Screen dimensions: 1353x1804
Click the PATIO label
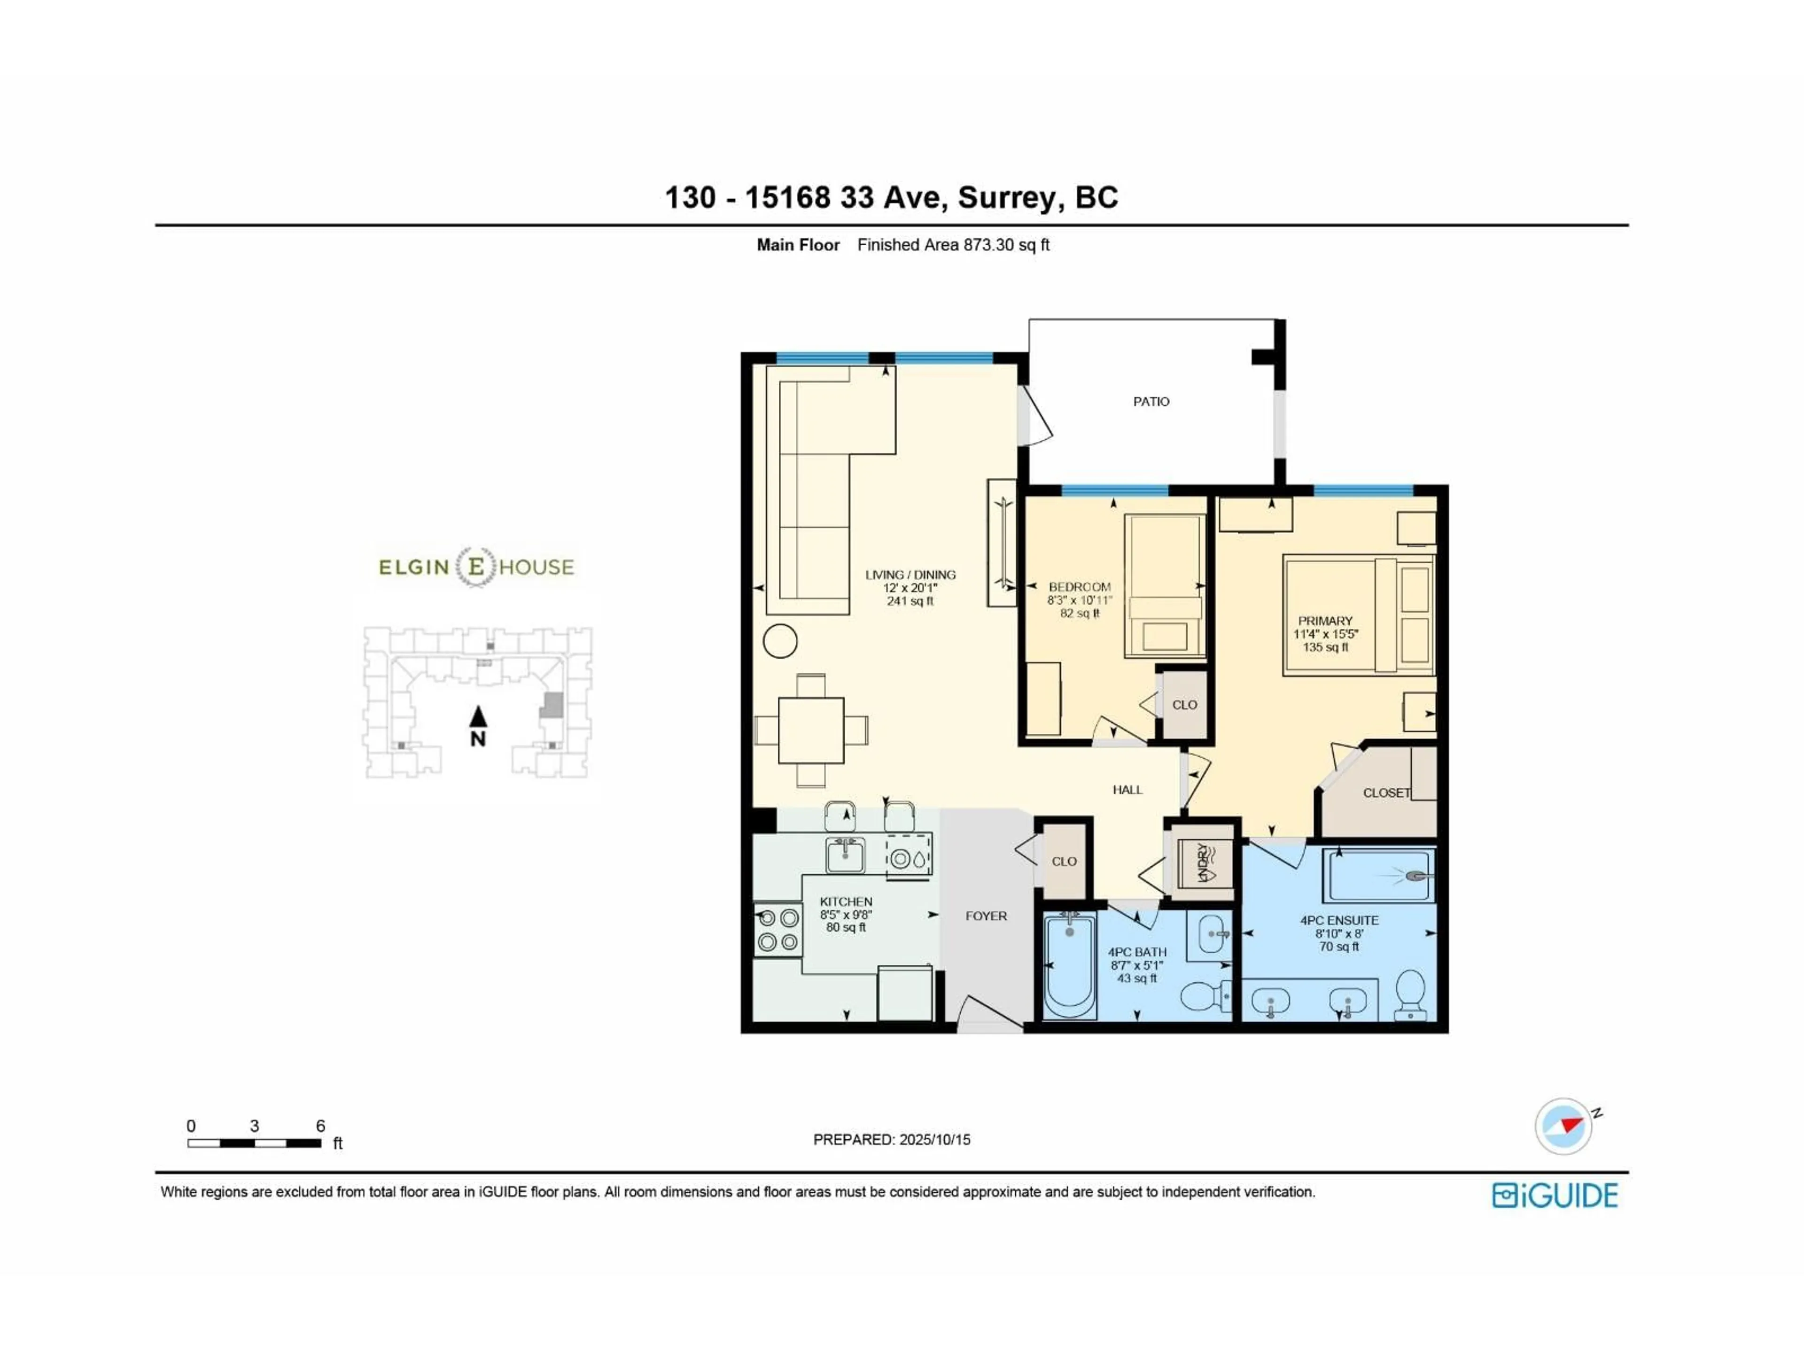pos(1151,401)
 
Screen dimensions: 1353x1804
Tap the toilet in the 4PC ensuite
pos(1410,993)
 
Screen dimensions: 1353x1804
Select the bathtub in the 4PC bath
pos(1069,965)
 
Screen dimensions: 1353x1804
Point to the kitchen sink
pos(844,855)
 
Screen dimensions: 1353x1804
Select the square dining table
pos(811,730)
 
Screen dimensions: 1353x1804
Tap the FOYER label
pos(986,916)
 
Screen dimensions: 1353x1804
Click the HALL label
pos(1127,789)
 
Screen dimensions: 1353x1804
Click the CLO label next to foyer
pos(1064,861)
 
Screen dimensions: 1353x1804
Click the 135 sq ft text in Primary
pos(1325,647)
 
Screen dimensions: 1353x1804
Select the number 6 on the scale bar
pos(320,1126)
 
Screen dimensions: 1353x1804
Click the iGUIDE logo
pos(1555,1196)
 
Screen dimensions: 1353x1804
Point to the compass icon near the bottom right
pos(1563,1126)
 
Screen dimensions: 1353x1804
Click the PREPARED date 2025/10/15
pos(934,1139)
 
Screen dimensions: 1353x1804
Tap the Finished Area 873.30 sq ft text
pos(953,245)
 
